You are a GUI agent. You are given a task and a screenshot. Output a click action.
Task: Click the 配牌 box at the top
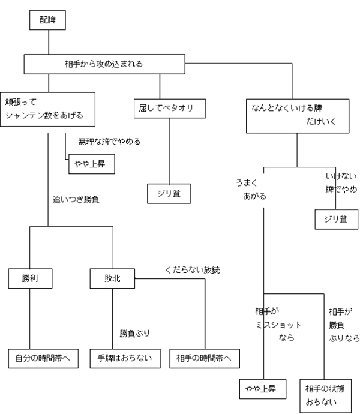click(47, 20)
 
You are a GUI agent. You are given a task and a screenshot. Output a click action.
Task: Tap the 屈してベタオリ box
click(170, 109)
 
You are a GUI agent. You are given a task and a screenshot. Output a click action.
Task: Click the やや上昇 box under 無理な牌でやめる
click(91, 164)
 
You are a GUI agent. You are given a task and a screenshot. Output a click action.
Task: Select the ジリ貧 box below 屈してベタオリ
click(170, 193)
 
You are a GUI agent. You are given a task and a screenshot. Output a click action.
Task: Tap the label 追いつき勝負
click(76, 199)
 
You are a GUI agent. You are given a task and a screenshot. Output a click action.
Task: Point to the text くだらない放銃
click(192, 270)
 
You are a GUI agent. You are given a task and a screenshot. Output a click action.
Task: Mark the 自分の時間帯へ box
click(43, 358)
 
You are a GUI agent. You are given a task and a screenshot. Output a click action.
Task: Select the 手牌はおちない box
click(125, 358)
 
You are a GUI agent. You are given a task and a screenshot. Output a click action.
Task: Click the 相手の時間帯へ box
click(205, 358)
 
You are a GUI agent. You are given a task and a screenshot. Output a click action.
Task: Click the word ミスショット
click(276, 325)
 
